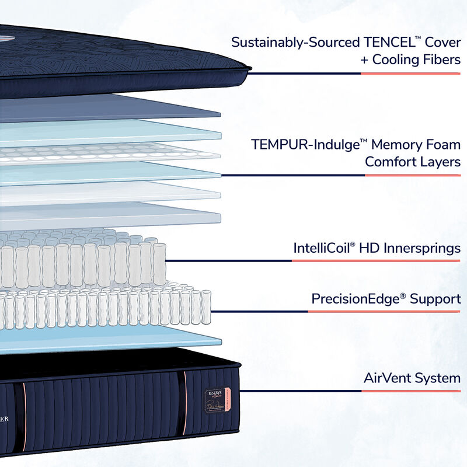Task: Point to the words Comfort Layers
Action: pos(412,162)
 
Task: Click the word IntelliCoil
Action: pos(321,248)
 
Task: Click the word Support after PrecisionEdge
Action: pos(435,299)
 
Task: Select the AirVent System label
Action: pos(412,378)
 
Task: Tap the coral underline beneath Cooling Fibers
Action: pos(410,74)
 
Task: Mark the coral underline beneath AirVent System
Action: pos(410,391)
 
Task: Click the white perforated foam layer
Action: pos(111,153)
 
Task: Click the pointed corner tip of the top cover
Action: pos(249,68)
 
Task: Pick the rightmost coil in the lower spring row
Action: pos(206,306)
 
